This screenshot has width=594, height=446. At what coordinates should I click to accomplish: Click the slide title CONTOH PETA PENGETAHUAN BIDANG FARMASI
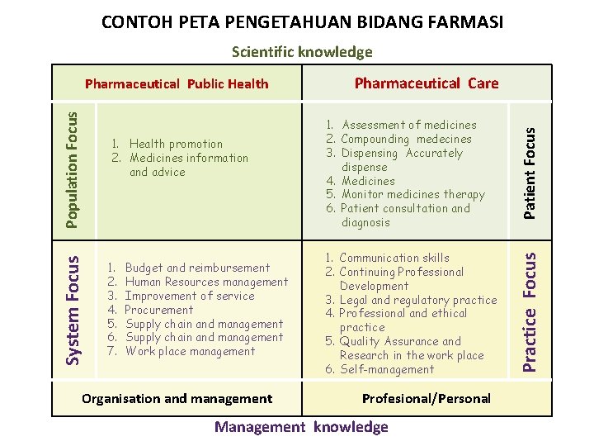302,21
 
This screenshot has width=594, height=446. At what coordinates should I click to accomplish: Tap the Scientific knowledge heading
302,52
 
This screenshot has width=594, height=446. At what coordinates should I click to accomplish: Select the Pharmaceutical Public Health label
177,83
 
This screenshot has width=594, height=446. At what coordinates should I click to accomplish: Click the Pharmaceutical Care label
427,83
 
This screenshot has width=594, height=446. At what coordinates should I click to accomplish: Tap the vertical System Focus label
73,301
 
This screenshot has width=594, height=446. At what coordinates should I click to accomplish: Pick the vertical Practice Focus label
532,301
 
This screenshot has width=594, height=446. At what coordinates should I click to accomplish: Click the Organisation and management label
177,398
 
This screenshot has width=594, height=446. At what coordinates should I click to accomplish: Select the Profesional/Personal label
427,398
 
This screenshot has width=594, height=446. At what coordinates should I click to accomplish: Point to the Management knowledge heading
301,426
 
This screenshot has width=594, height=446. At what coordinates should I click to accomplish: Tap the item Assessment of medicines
408,125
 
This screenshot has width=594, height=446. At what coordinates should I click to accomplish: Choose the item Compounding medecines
406,139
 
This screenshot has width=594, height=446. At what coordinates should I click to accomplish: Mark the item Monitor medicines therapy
412,194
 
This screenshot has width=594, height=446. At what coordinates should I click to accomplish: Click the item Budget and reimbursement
197,268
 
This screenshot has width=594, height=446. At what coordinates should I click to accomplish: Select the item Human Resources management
206,282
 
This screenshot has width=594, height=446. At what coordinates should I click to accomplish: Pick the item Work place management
190,351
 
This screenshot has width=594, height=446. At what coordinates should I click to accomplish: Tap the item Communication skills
394,258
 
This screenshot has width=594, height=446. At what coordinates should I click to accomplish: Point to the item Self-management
387,369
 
